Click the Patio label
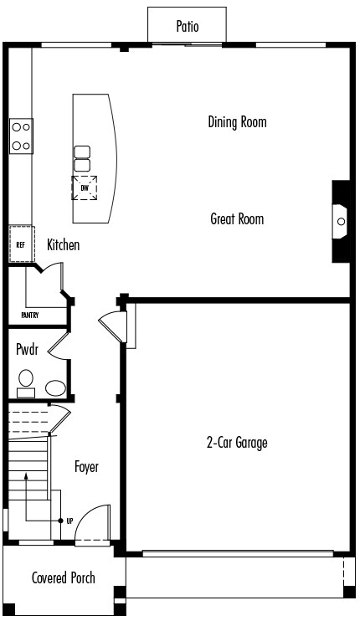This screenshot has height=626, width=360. click(x=188, y=26)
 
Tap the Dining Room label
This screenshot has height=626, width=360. click(x=237, y=122)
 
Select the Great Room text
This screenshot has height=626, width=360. click(x=237, y=219)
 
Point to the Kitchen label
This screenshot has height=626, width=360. click(x=64, y=245)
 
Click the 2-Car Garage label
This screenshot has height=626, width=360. click(x=237, y=443)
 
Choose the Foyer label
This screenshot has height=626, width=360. click(x=86, y=467)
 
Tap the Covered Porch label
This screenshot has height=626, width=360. click(x=63, y=577)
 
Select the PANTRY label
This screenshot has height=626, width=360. click(x=30, y=316)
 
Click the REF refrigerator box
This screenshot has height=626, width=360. click(x=21, y=244)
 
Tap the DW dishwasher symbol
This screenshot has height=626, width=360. click(x=84, y=187)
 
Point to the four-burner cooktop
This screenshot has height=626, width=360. click(x=22, y=136)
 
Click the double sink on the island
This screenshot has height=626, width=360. click(x=82, y=158)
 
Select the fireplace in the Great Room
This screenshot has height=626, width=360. click(x=340, y=222)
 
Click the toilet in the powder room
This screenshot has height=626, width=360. click(x=26, y=382)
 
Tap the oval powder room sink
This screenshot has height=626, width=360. click(x=55, y=387)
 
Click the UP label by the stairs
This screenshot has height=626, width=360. click(x=70, y=521)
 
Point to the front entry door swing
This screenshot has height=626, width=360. click(x=94, y=524)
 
